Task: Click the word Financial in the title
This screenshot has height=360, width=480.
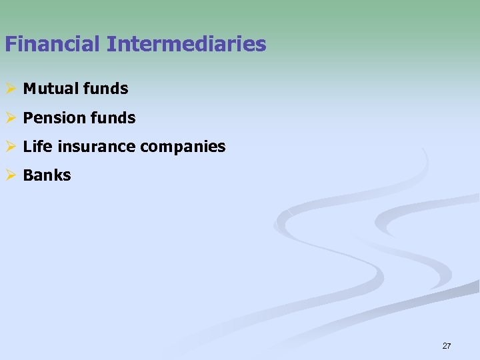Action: tap(51, 45)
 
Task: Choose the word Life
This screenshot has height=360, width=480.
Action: tap(35, 147)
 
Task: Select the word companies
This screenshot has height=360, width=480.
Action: tap(183, 147)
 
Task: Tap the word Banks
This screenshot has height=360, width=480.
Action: tap(47, 176)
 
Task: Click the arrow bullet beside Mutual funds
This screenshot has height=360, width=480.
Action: tap(9, 88)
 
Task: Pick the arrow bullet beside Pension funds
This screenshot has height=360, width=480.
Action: tap(9, 119)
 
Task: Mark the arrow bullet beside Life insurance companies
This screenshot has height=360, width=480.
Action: tap(9, 147)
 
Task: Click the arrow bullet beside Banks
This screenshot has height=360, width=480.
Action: tap(9, 176)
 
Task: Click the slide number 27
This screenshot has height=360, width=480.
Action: tap(447, 346)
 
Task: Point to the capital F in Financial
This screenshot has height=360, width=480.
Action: tap(10, 45)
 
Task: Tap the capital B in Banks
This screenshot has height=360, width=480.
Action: tap(28, 176)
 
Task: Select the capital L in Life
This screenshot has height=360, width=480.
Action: tap(27, 147)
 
